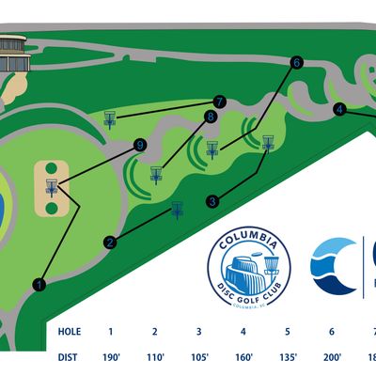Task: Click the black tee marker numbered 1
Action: [39, 282]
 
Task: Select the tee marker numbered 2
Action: [111, 243]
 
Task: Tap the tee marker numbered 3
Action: [213, 200]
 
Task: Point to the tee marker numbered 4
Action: [339, 108]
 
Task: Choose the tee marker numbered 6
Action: [296, 63]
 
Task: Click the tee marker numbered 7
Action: [220, 101]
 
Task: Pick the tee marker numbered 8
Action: [211, 117]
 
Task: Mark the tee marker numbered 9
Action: [140, 145]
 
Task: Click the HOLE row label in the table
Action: [69, 331]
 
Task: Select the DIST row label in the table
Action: [69, 356]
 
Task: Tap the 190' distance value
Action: [111, 356]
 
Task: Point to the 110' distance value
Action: [155, 356]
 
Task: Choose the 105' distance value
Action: [199, 356]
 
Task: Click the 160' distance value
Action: [243, 356]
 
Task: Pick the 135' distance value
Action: [288, 356]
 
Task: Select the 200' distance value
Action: [332, 356]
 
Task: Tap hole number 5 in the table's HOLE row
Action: [288, 331]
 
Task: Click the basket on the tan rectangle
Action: [52, 187]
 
